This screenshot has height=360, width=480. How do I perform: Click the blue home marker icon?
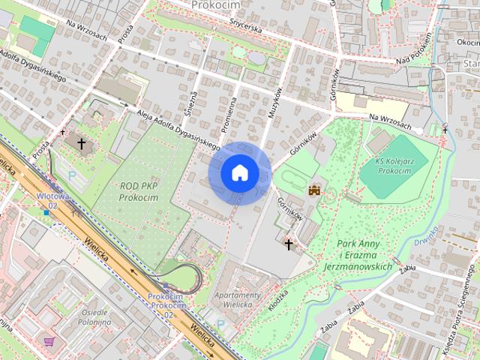tap(240, 173)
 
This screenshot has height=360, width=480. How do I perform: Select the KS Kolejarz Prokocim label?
tap(393, 166)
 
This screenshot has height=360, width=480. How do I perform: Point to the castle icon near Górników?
tap(314, 190)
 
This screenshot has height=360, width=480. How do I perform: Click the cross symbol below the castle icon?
tap(289, 243)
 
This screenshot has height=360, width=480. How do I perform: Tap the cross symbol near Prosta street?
tap(80, 142)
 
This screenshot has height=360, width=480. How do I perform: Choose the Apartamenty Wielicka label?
tap(238, 300)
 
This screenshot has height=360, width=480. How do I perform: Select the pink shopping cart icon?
tap(49, 341)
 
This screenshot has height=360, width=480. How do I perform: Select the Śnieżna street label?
tap(193, 101)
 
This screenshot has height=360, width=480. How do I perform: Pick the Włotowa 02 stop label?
tap(52, 200)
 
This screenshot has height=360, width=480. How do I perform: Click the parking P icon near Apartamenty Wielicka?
tap(221, 324)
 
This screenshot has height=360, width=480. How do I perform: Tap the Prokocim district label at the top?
tap(215, 4)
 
